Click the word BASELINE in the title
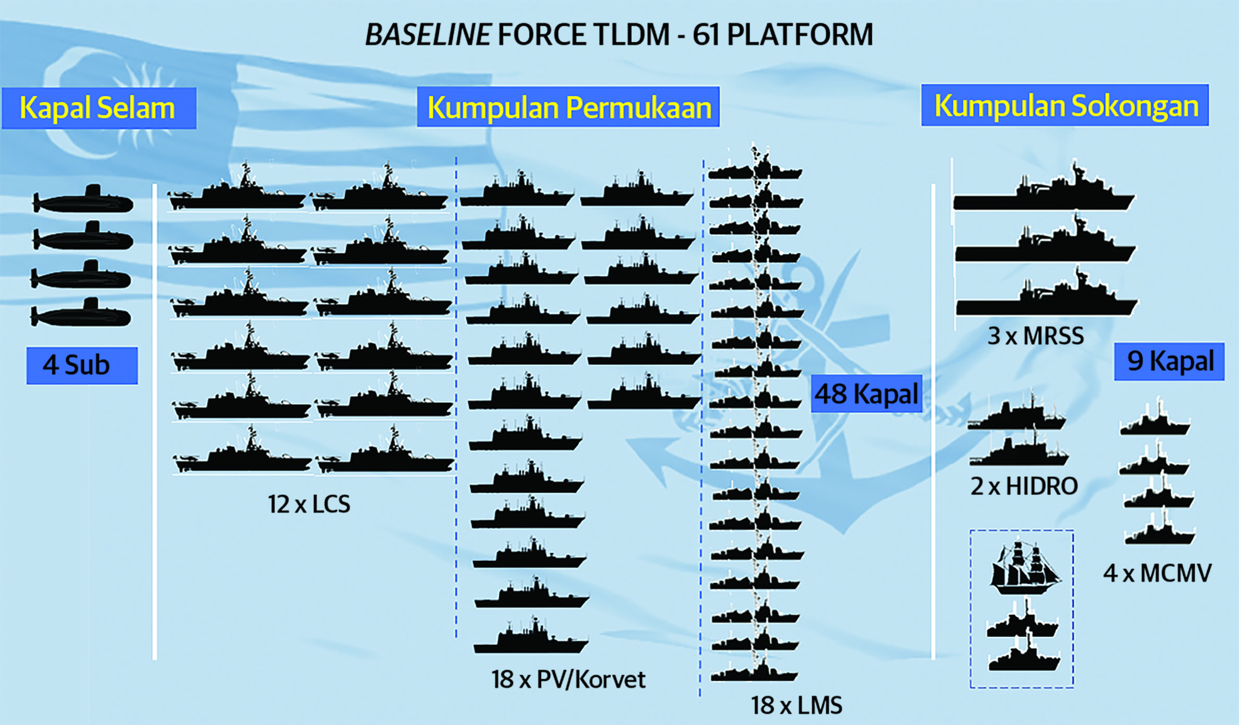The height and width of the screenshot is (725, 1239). [428, 35]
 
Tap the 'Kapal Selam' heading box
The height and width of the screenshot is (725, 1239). [98, 108]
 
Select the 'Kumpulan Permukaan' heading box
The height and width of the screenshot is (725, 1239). [568, 107]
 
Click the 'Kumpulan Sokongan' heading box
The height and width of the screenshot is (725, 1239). [1065, 106]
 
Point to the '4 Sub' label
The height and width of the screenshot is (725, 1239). [82, 365]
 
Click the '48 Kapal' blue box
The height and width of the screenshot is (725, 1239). [866, 394]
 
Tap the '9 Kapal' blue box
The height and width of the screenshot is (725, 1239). [1169, 362]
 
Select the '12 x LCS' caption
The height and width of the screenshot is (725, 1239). [308, 504]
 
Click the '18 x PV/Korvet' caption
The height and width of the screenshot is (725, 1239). [568, 680]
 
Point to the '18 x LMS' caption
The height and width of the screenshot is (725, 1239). [796, 706]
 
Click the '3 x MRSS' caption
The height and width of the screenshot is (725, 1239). [1035, 336]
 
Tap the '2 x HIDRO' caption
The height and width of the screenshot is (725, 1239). [1024, 486]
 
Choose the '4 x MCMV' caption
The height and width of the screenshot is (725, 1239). [1157, 573]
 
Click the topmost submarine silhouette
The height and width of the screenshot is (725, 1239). [83, 201]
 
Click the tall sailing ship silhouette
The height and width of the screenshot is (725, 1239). [1023, 569]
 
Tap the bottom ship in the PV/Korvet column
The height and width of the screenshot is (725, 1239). [530, 640]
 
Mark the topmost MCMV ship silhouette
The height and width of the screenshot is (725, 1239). [1155, 423]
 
